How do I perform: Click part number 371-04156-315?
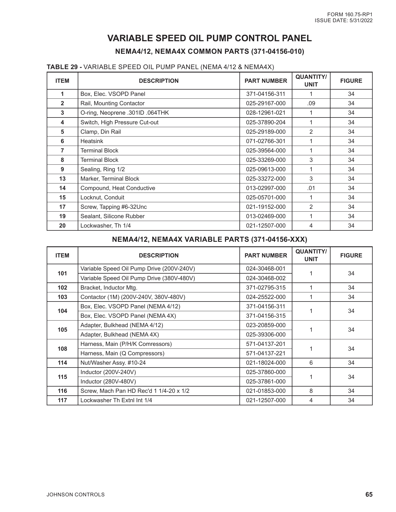tap(266, 316)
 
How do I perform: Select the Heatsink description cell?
tap(92, 141)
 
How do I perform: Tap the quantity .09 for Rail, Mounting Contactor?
tap(311, 103)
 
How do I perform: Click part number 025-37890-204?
tap(266, 122)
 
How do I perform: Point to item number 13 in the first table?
tap(62, 179)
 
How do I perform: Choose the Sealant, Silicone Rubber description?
tap(112, 216)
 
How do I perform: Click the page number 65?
tap(369, 494)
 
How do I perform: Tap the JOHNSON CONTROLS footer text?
tap(76, 495)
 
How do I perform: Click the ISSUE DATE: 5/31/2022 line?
tap(343, 20)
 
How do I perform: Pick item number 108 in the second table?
tap(62, 349)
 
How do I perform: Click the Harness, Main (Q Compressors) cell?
tap(122, 353)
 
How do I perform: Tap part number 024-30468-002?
tap(266, 278)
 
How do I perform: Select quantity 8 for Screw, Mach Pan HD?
tap(311, 391)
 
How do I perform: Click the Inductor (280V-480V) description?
tap(108, 381)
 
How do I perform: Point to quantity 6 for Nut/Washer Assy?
tap(311, 363)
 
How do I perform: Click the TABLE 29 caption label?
tap(64, 67)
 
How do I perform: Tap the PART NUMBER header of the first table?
tap(266, 81)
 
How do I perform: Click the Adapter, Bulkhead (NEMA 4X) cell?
tap(120, 335)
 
